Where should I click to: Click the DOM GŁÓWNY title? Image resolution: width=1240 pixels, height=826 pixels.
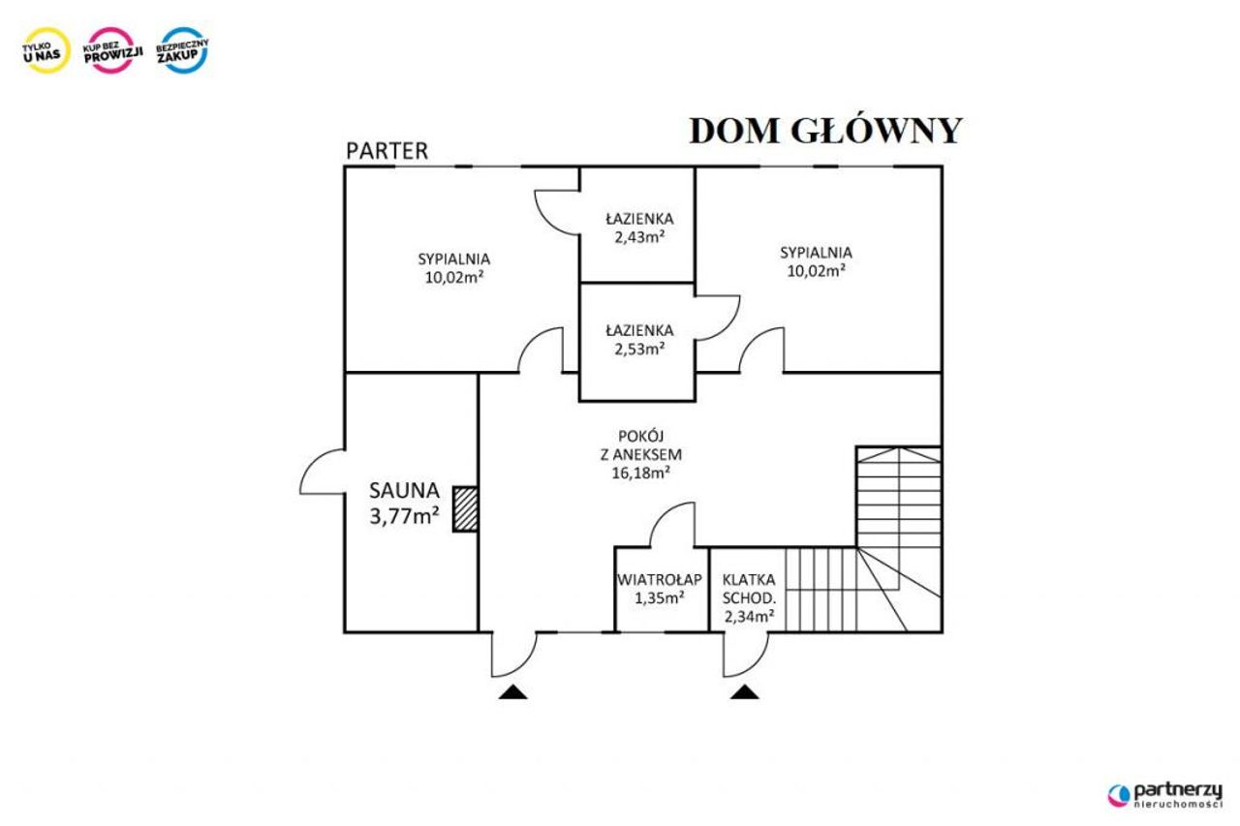[826, 132]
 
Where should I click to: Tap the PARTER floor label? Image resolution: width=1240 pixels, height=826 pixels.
[387, 151]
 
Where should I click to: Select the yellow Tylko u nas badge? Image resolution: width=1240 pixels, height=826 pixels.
[46, 50]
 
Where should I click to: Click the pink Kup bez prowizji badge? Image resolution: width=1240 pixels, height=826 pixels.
[113, 50]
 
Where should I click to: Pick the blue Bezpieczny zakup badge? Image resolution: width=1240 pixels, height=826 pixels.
[183, 50]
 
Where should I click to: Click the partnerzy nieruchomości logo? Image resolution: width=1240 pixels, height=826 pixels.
[1165, 796]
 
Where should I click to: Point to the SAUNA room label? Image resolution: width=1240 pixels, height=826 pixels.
[405, 491]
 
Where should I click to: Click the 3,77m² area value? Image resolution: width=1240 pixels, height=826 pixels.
[405, 516]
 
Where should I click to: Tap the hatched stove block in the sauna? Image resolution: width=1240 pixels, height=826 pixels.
[466, 509]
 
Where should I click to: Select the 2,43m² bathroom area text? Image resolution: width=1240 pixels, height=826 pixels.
[639, 237]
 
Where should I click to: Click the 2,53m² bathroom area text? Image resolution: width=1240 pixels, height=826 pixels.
[639, 349]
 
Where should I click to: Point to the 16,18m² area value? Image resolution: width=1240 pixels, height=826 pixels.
[641, 473]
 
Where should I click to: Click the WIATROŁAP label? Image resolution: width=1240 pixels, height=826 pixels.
[660, 579]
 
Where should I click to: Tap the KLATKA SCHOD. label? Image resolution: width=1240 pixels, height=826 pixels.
[749, 589]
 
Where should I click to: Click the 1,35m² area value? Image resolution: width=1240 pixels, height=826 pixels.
[660, 598]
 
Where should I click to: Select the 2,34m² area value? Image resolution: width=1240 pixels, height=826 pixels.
[749, 616]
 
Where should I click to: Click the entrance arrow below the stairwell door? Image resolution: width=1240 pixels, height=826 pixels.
[745, 692]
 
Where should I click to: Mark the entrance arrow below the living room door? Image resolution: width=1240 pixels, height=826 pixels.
[513, 692]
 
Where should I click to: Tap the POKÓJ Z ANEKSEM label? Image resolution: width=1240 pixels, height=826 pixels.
[641, 444]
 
